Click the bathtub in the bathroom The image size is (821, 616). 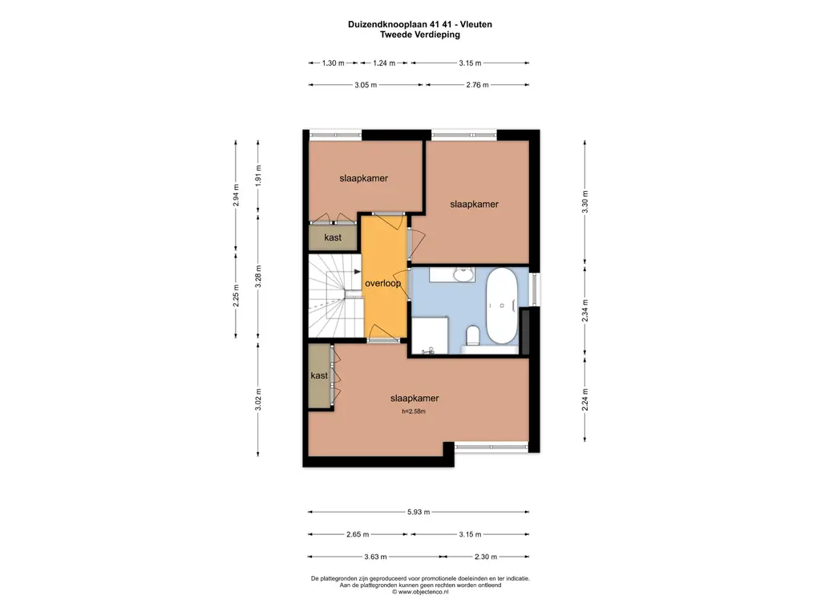click(x=502, y=306)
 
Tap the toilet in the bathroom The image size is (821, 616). click(x=473, y=336)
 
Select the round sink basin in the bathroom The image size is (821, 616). click(x=463, y=274)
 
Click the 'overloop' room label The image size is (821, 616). click(x=382, y=283)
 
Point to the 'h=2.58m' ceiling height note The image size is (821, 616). click(x=414, y=411)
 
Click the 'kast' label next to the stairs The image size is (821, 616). click(x=333, y=237)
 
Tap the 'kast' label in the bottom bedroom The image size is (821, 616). click(x=319, y=375)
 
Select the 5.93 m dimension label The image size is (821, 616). click(x=419, y=512)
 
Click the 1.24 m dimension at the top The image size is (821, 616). click(x=384, y=63)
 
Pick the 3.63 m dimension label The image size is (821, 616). click(x=375, y=557)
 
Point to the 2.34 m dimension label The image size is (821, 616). click(x=584, y=310)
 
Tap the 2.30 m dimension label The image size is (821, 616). click(x=485, y=557)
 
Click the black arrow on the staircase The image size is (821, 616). click(x=357, y=271)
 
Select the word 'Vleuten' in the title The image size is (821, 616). click(x=476, y=24)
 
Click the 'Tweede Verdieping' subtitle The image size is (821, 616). click(x=420, y=34)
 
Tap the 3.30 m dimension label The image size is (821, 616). click(x=584, y=201)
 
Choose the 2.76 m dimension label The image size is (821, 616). click(x=477, y=85)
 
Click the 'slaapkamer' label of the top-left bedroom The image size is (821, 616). click(x=363, y=178)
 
